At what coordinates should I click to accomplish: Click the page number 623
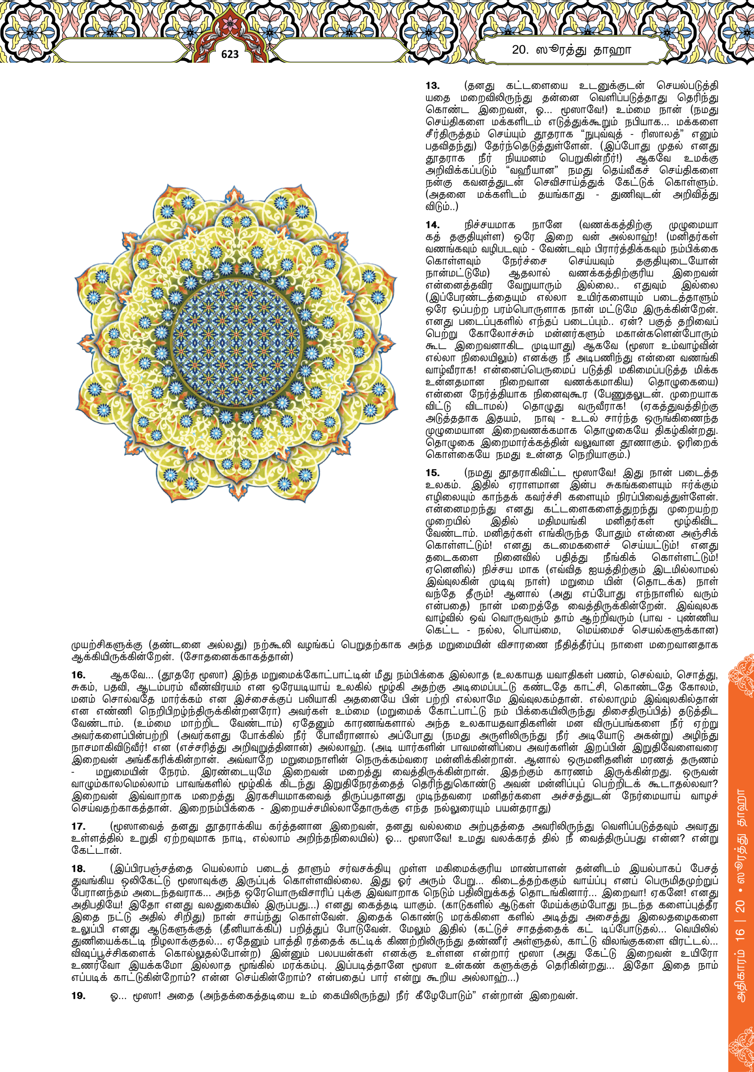point(230,54)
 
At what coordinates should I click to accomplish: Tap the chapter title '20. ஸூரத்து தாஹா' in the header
point(571,50)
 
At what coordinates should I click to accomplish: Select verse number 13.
point(433,86)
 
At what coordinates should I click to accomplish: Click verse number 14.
point(433,225)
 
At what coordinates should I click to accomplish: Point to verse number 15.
point(433,473)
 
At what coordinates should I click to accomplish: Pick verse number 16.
point(78,675)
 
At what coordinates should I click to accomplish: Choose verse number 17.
point(78,827)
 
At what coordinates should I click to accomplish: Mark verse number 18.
point(78,868)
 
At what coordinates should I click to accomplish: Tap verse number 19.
point(78,995)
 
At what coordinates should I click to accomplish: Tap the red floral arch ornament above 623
point(230,28)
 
